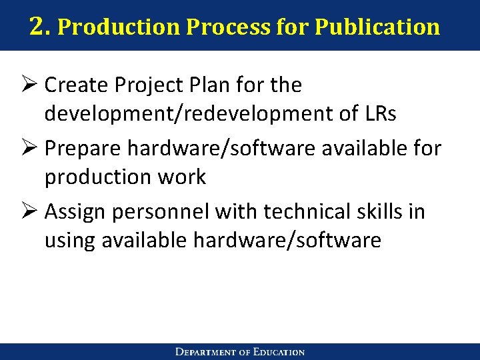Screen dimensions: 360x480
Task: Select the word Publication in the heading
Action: pos(377,27)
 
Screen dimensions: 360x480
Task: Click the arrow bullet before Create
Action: pos(30,85)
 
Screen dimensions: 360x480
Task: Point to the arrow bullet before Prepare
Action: pos(30,149)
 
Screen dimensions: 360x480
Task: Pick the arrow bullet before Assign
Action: pos(30,212)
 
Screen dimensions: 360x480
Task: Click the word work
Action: pos(187,178)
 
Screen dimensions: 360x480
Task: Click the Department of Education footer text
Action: pos(240,352)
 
